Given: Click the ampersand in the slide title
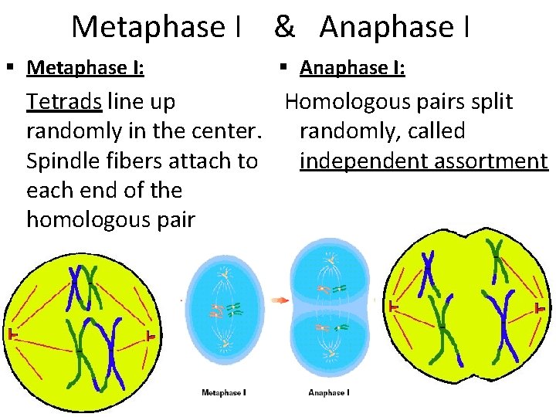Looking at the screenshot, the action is click(283, 27).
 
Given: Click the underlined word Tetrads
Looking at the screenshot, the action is click(65, 102).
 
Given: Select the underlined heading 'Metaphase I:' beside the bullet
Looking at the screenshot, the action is click(84, 68).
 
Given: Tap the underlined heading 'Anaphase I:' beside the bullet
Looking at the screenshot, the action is click(352, 68).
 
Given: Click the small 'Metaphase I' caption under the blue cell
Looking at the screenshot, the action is click(223, 393).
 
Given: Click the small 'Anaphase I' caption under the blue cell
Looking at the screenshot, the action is click(327, 393).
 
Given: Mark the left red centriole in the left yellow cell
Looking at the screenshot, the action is click(12, 334).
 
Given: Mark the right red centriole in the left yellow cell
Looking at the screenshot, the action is click(151, 337).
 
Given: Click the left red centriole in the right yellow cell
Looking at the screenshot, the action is click(394, 307).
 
